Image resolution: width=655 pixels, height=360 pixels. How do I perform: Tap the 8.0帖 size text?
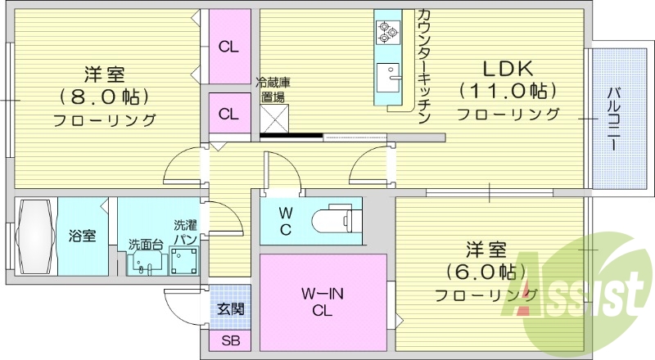point(104,97)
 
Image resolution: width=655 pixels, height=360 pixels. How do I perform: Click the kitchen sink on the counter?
point(386,76)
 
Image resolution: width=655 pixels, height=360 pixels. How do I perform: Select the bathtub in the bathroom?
point(35,237)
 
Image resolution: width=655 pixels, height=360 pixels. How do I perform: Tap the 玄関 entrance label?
point(229,309)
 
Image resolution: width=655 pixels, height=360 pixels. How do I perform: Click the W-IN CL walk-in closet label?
point(321,300)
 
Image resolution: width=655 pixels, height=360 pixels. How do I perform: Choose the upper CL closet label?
point(228,47)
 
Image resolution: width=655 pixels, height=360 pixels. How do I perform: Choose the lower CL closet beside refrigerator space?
point(228,114)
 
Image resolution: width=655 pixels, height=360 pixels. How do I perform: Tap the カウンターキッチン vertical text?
point(423,65)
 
